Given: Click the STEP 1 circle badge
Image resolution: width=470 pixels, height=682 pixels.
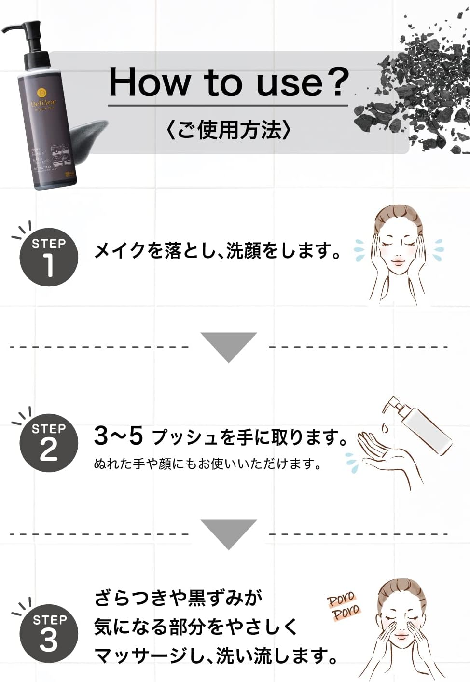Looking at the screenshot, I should [49, 257].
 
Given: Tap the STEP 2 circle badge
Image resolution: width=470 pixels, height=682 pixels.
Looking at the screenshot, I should [49, 442].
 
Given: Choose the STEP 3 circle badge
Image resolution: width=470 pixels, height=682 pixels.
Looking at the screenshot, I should [49, 633].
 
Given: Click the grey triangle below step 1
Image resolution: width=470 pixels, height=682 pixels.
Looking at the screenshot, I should [229, 346].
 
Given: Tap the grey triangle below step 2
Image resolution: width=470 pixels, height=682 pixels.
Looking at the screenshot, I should [229, 533].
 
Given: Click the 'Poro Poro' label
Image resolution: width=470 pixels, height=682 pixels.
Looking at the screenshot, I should [344, 606].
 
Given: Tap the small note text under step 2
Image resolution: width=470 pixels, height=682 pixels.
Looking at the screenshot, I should [207, 464].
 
